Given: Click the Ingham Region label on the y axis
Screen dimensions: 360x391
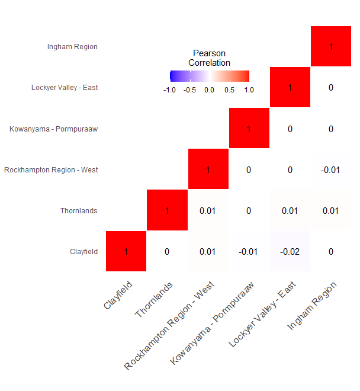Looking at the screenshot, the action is pyautogui.click(x=72, y=47).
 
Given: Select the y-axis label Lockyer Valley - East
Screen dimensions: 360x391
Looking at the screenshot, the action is pyautogui.click(x=65, y=88).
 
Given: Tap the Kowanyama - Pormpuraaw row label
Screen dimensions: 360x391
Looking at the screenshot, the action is pyautogui.click(x=54, y=129).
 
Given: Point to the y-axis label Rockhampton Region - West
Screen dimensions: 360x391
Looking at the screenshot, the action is pyautogui.click(x=51, y=170).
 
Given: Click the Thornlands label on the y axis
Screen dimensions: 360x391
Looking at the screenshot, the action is pyautogui.click(x=79, y=211).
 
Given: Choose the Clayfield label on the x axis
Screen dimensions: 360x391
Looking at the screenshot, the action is pyautogui.click(x=118, y=295).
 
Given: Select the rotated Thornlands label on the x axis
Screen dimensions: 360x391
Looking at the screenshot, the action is pyautogui.click(x=153, y=300).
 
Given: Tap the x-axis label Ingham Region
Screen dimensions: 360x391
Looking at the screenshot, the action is pyautogui.click(x=311, y=306).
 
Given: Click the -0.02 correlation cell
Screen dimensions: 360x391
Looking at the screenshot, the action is pyautogui.click(x=290, y=251).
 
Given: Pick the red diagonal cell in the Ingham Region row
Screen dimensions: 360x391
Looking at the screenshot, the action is pyautogui.click(x=331, y=46).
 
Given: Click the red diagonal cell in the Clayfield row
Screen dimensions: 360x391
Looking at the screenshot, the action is pyautogui.click(x=126, y=251).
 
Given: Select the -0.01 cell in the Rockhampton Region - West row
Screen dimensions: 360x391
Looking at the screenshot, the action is pyautogui.click(x=331, y=169).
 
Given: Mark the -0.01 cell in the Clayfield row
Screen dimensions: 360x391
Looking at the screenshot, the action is pyautogui.click(x=249, y=251).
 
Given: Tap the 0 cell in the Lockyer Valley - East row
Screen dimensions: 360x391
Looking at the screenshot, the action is pyautogui.click(x=331, y=87).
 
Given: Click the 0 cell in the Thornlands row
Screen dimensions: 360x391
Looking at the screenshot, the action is pyautogui.click(x=249, y=210).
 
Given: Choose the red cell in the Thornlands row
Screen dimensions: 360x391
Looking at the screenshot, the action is pyautogui.click(x=167, y=210).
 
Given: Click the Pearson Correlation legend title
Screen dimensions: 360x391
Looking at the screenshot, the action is pyautogui.click(x=209, y=58).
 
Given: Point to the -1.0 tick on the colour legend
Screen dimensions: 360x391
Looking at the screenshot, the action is pyautogui.click(x=169, y=90).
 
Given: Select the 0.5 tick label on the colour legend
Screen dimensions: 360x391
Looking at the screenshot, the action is pyautogui.click(x=229, y=90).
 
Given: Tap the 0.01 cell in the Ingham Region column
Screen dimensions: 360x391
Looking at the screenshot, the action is pyautogui.click(x=331, y=210).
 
